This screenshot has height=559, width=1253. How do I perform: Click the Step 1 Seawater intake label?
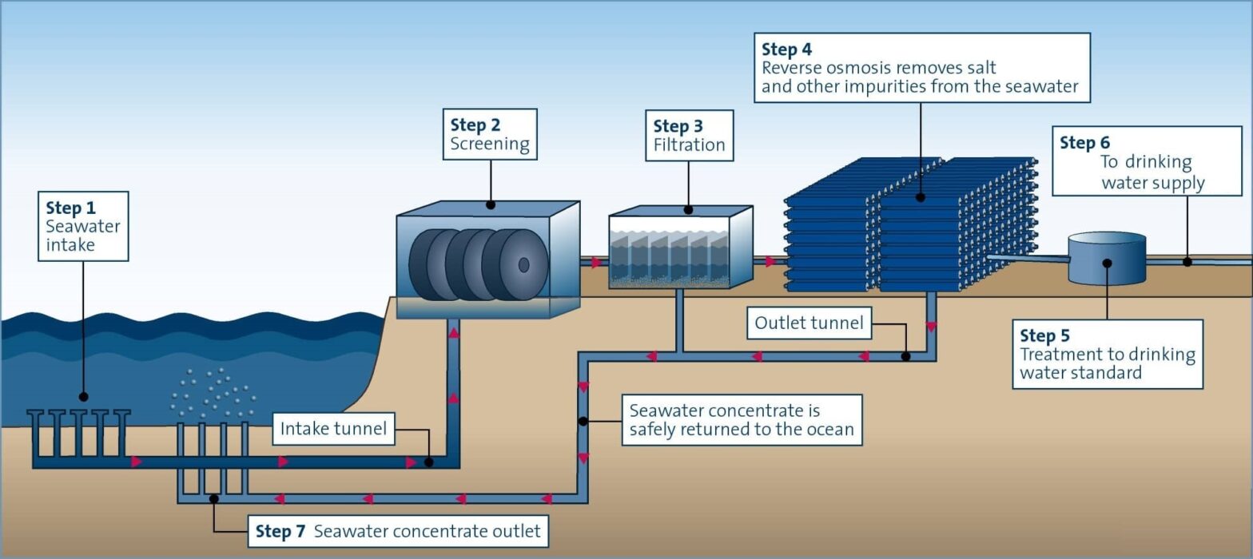pos(83,226)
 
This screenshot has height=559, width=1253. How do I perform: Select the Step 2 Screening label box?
pos(490,134)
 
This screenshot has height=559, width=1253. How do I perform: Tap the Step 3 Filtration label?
pos(689,136)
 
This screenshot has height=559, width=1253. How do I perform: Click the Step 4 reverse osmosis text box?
pos(921,68)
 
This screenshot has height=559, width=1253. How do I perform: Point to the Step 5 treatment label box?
pos(1108,354)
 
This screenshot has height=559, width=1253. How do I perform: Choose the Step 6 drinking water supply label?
pos(1147,161)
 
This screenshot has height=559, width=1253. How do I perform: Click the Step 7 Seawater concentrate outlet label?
pos(398,531)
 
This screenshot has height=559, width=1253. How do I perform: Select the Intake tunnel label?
pos(333,429)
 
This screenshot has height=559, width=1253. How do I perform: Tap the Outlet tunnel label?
pos(809,323)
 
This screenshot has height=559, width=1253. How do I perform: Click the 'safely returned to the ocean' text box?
pos(742,420)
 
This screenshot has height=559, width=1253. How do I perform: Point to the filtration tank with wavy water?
pos(679,249)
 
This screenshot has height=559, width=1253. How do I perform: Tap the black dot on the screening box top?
pos(491,205)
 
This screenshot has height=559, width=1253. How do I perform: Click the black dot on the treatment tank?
pos(1108,263)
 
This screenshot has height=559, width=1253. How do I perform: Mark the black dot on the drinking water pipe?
pos(1187,262)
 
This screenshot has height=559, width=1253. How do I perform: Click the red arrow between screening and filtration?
pos(596,262)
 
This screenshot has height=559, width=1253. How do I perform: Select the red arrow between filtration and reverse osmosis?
pos(770,261)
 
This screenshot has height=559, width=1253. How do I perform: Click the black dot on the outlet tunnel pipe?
pos(905,356)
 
